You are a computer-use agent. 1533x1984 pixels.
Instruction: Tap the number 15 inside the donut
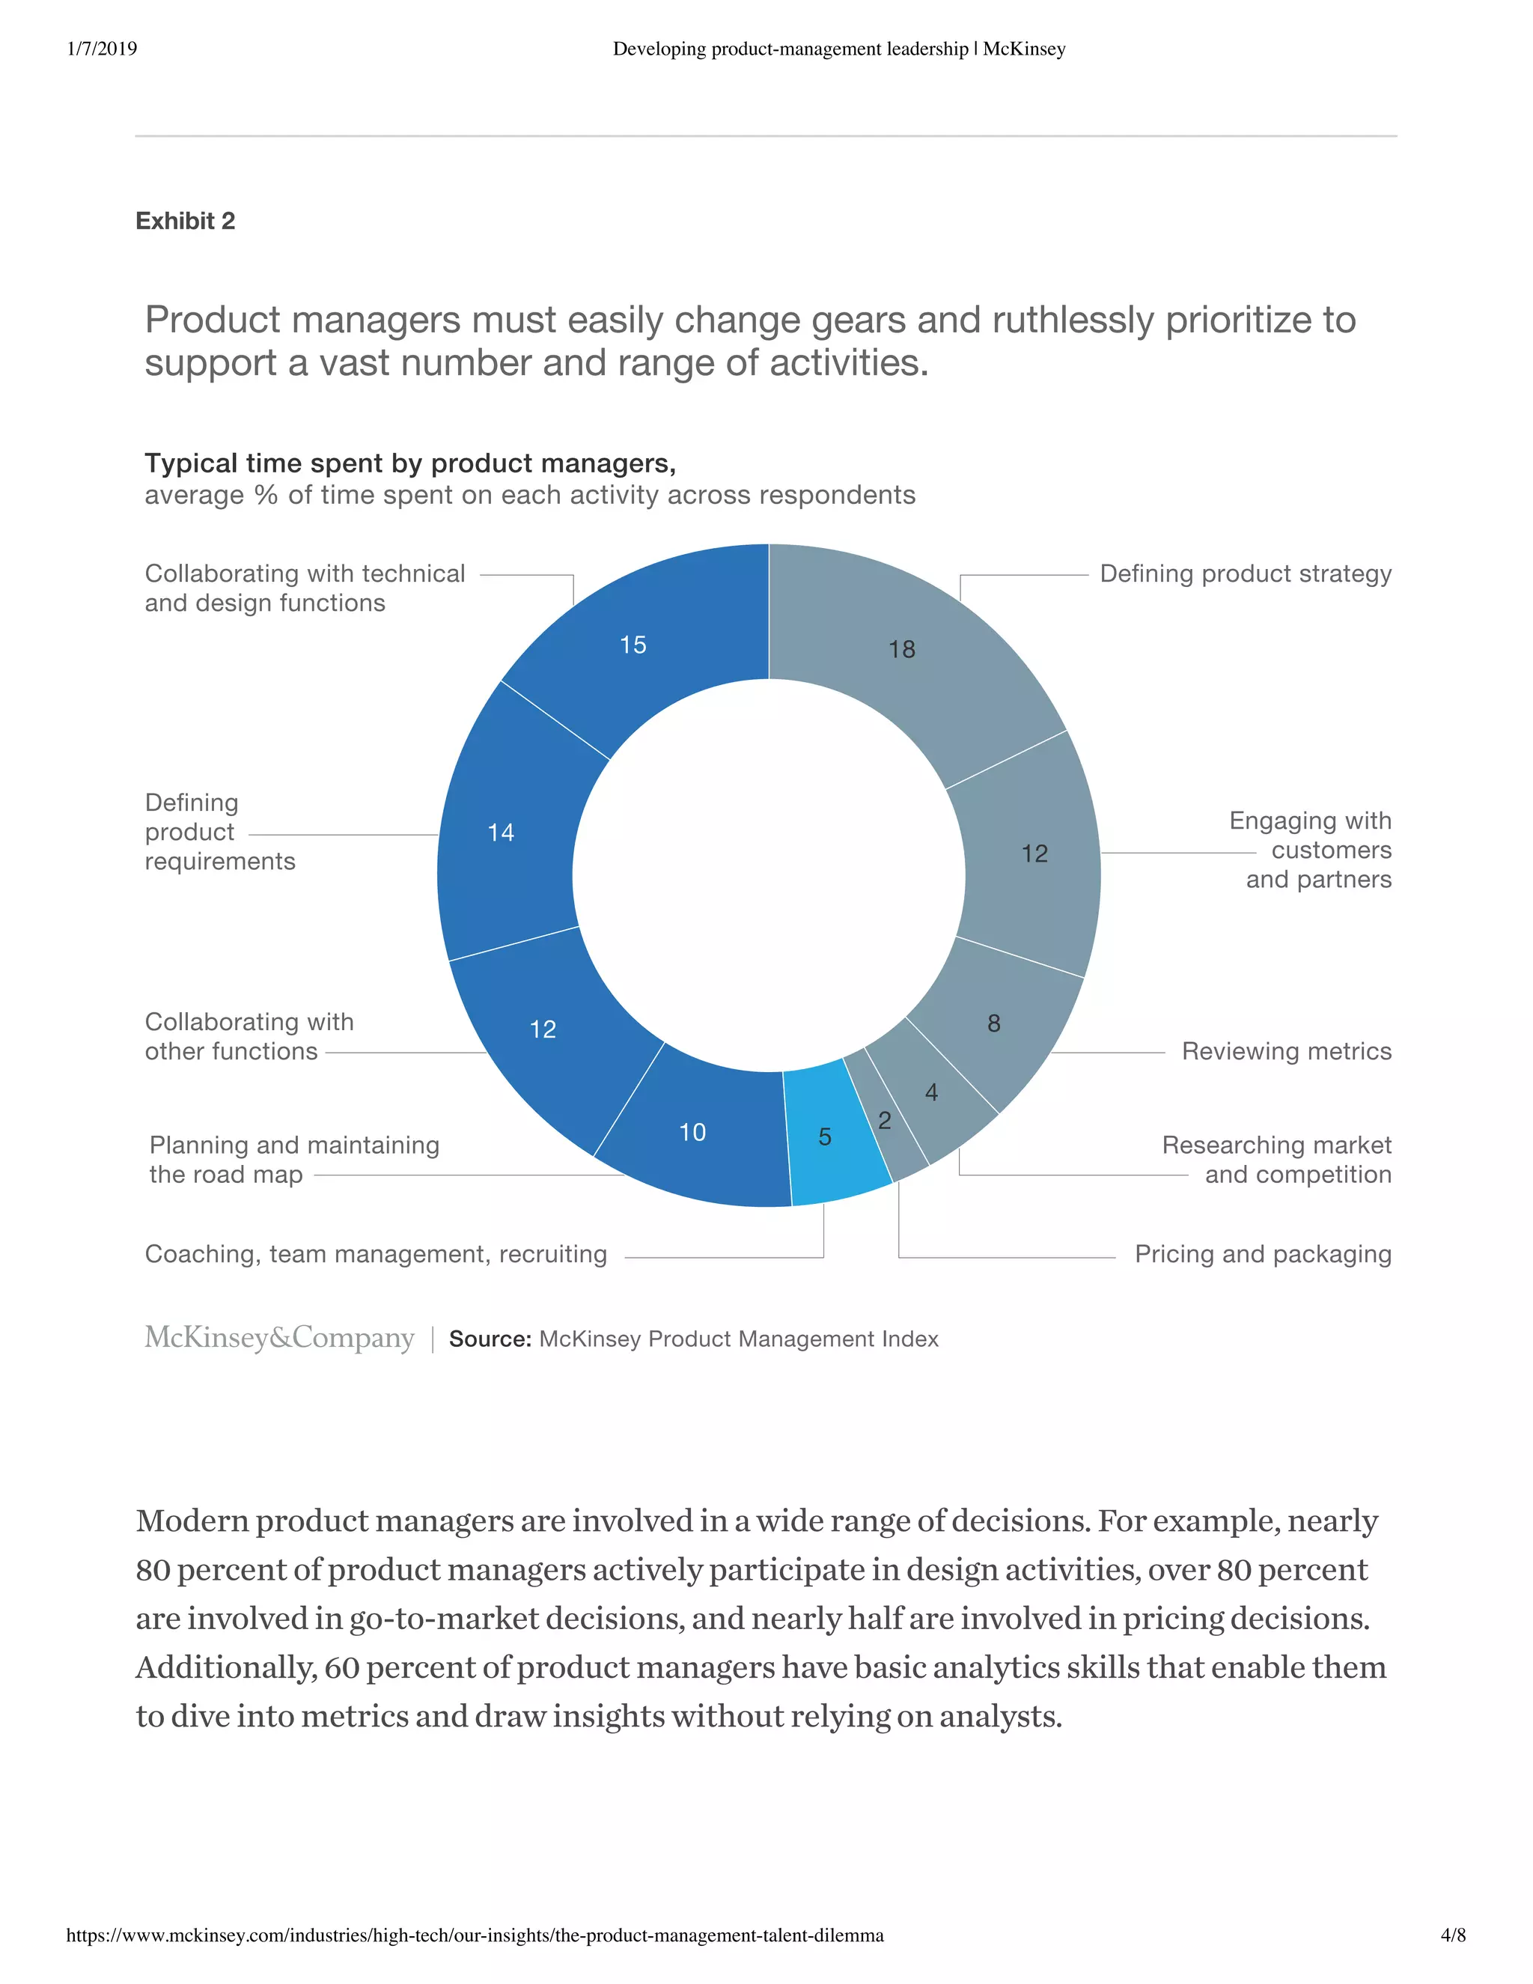[x=633, y=645]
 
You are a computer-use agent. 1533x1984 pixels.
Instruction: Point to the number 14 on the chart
[x=501, y=832]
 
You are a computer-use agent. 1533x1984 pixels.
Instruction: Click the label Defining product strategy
[x=1245, y=574]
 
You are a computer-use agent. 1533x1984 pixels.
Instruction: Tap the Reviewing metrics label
[x=1286, y=1051]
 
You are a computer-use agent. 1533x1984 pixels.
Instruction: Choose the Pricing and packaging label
[x=1262, y=1253]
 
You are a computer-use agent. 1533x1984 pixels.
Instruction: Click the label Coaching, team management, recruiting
[x=376, y=1253]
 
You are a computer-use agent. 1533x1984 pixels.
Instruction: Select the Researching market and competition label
[x=1276, y=1159]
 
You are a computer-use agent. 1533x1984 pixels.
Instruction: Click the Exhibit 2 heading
[x=186, y=221]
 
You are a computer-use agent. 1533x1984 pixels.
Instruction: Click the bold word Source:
[x=490, y=1339]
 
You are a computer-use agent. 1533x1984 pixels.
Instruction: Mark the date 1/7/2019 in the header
[x=102, y=48]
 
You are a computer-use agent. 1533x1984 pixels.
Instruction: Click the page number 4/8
[x=1453, y=1935]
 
